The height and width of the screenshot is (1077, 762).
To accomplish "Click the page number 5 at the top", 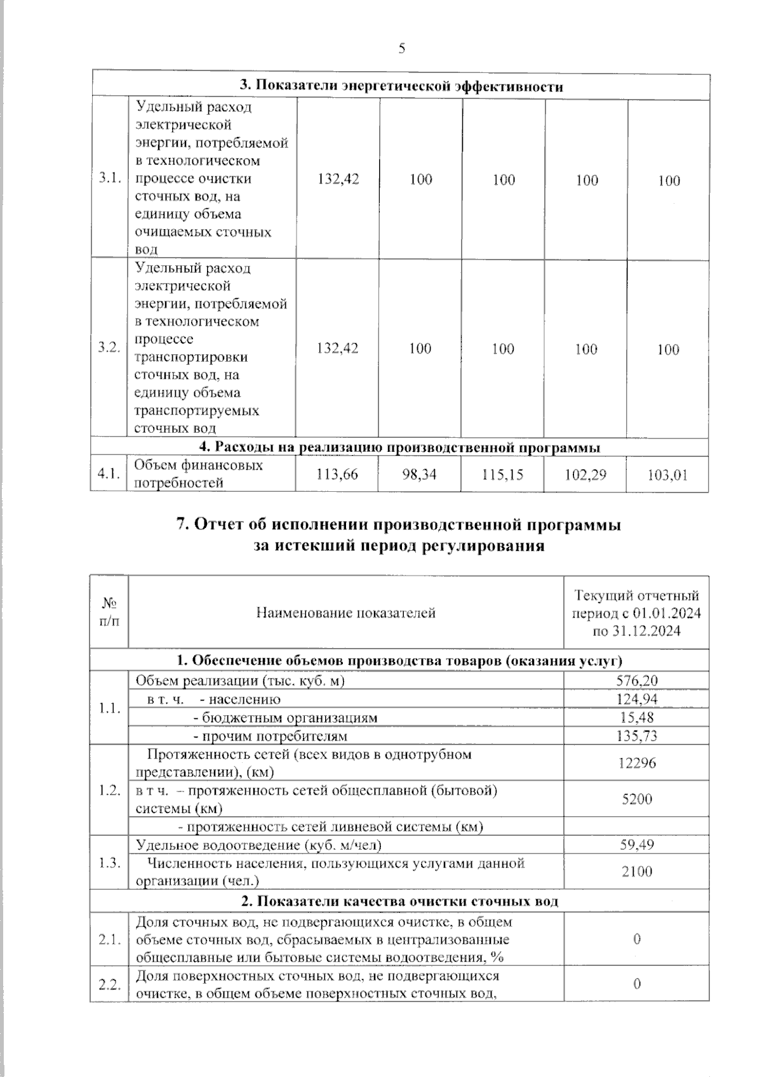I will pos(401,49).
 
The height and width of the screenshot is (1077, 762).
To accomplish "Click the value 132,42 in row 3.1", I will pos(338,180).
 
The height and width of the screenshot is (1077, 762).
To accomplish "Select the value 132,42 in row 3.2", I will pos(337,348).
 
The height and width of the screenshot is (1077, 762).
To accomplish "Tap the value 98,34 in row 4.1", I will pos(419,474).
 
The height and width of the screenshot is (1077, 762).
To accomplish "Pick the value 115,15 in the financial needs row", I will pos(502,474).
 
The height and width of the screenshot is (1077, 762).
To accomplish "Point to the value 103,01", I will pos(667,475).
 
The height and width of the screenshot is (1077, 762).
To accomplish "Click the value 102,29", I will pos(585,474).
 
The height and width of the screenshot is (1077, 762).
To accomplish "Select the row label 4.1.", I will pos(109,474).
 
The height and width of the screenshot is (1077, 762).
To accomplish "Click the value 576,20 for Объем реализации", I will pos(637,680).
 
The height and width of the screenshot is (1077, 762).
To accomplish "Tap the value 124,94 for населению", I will pos(637,699).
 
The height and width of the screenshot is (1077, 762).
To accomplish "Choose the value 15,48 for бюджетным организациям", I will pos(637,717).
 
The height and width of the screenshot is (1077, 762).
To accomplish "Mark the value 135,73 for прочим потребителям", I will pos(637,736).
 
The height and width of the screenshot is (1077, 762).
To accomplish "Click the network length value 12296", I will pos(637,763).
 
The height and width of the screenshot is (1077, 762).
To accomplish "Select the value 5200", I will pos(637,799).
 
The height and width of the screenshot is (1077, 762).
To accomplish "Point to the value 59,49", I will pos(637,845).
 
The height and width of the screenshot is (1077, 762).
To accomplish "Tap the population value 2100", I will pos(637,871).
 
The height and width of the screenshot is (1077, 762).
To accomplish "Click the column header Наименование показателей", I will pos(345,613).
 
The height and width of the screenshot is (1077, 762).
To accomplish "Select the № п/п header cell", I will pos(109,612).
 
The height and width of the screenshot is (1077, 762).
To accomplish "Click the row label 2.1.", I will pos(109,939).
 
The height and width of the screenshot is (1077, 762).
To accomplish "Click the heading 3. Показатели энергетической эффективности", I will pos(401,86).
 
